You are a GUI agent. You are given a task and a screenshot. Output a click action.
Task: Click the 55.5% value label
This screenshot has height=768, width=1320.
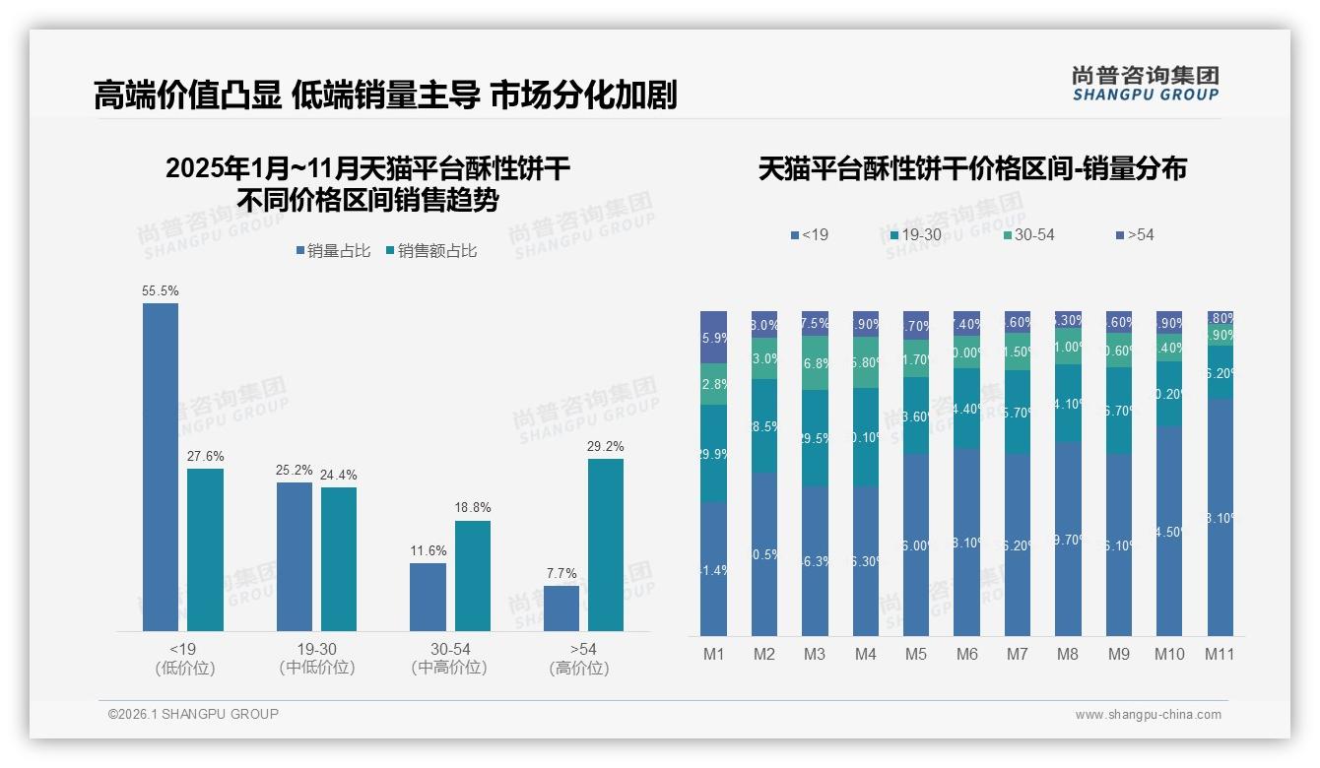point(161,291)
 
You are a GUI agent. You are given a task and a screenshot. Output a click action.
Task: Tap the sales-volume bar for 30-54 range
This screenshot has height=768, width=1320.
point(428,597)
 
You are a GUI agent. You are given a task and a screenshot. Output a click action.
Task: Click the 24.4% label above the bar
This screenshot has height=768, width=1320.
point(339,475)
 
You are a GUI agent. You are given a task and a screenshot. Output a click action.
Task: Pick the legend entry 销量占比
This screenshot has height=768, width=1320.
point(333,251)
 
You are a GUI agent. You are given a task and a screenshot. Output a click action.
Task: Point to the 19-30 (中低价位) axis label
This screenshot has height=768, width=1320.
point(317,658)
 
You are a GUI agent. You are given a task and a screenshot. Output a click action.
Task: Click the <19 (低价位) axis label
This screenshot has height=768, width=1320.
point(183,658)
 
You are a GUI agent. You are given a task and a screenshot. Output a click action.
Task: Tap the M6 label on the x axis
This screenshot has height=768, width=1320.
point(966,654)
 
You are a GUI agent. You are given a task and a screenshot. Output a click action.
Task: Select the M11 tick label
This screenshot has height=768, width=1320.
point(1220,654)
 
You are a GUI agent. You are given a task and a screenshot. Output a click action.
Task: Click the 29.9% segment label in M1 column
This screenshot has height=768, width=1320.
point(713,454)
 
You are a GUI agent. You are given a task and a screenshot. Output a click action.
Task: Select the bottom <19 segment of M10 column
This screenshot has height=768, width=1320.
point(1169,532)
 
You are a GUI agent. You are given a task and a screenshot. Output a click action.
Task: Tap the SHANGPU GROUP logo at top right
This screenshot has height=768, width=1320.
point(1145,83)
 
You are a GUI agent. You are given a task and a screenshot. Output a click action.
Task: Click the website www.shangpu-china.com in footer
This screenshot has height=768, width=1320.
point(1148,715)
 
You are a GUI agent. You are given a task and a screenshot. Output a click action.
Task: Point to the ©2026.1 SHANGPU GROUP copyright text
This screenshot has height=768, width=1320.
point(193,714)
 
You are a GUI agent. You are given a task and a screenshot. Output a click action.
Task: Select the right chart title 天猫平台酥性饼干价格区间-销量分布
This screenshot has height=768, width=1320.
point(972,169)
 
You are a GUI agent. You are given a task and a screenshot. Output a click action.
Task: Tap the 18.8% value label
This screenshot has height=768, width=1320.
point(473,507)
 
